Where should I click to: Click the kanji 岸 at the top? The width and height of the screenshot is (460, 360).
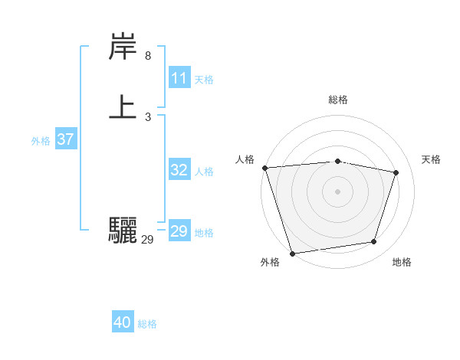[123, 48]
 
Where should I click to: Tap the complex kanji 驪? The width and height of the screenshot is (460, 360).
[123, 230]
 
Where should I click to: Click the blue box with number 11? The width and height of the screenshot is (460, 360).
[179, 78]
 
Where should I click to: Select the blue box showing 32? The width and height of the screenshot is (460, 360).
[179, 171]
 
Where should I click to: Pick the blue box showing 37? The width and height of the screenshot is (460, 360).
[66, 140]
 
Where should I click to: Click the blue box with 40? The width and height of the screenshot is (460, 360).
[123, 323]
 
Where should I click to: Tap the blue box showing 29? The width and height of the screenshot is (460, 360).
[179, 231]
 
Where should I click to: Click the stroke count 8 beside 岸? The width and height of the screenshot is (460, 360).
[148, 56]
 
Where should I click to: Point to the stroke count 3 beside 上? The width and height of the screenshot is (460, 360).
[148, 116]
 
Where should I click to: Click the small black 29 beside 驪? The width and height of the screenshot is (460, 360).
[148, 240]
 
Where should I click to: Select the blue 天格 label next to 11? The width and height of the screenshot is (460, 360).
[204, 79]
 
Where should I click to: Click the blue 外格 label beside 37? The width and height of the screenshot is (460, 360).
[41, 141]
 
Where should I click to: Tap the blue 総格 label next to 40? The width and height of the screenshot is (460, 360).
[147, 324]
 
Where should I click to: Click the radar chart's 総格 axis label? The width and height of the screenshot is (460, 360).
[337, 100]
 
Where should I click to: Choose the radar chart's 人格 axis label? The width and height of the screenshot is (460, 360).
[245, 159]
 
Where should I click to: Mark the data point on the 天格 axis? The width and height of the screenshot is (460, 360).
[396, 172]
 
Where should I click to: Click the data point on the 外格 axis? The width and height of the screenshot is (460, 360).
[292, 253]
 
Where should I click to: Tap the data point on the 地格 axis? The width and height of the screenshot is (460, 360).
[374, 242]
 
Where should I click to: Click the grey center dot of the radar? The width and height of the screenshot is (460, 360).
[337, 191]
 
